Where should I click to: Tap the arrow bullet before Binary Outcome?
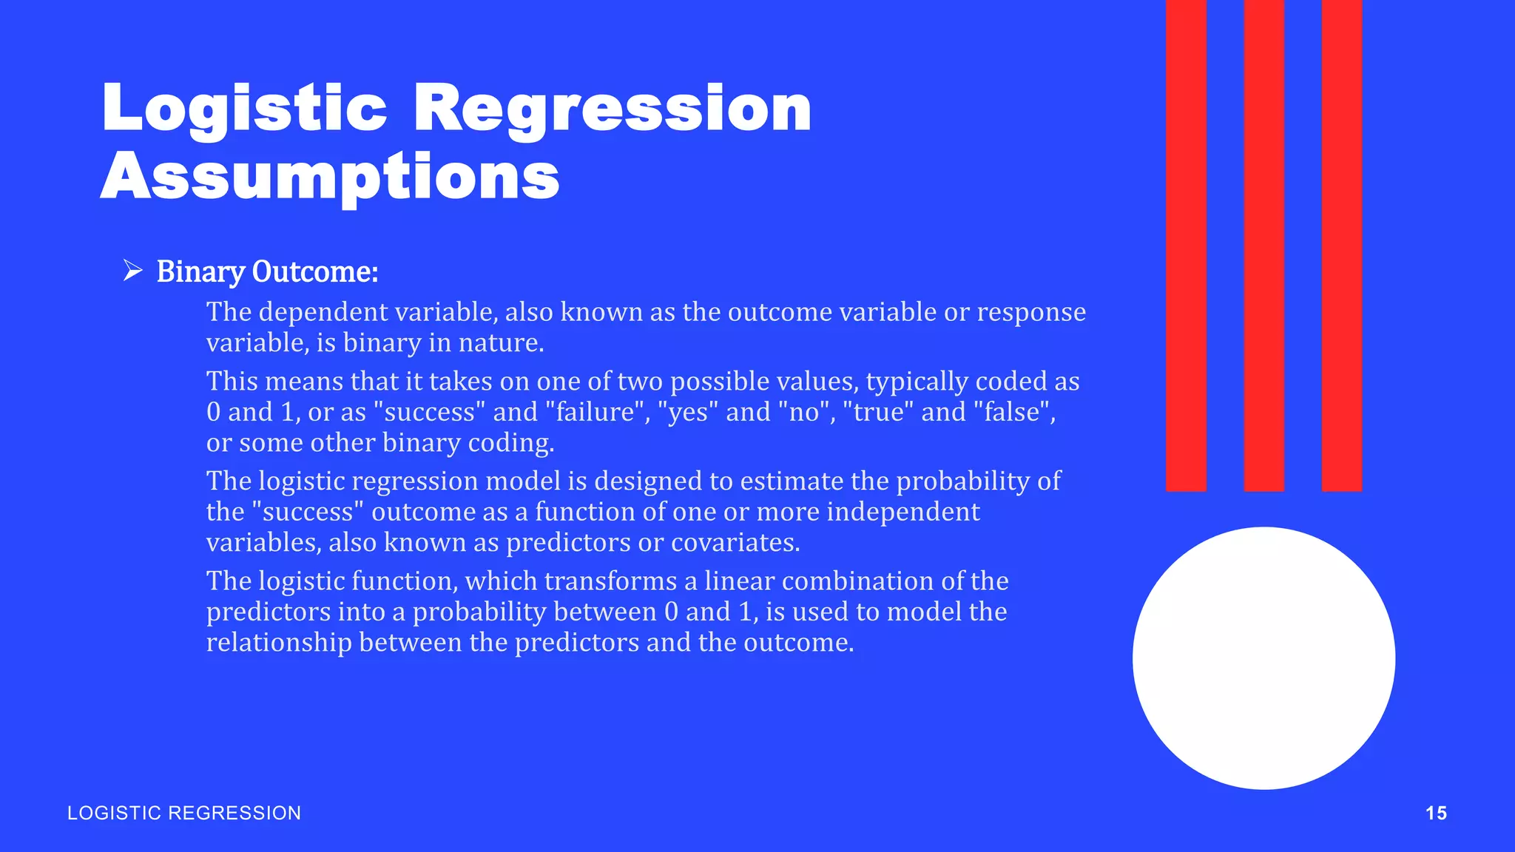(x=132, y=271)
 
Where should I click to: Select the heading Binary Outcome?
(x=267, y=271)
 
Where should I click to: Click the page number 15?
(x=1436, y=813)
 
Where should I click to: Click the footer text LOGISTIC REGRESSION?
(x=184, y=813)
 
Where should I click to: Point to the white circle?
(x=1263, y=658)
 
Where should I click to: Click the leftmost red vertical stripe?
(x=1186, y=244)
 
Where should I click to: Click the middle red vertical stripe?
(x=1263, y=244)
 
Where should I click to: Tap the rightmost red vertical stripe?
(x=1341, y=244)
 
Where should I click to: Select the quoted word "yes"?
(x=687, y=412)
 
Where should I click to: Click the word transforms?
(x=610, y=581)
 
